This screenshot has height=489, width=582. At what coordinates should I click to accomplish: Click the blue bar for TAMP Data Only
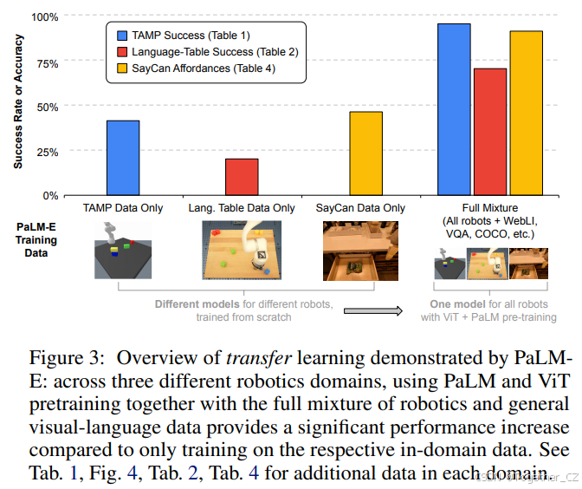click(122, 158)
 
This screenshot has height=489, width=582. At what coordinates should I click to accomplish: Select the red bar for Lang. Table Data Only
click(242, 177)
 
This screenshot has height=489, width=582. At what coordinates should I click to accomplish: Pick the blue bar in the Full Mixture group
click(454, 109)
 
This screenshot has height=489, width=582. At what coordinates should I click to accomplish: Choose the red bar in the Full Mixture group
click(490, 132)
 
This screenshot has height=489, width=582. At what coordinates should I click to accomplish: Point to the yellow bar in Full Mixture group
click(527, 113)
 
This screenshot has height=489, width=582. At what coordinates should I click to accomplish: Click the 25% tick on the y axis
click(48, 152)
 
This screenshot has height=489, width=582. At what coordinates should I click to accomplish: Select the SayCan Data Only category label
click(360, 208)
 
